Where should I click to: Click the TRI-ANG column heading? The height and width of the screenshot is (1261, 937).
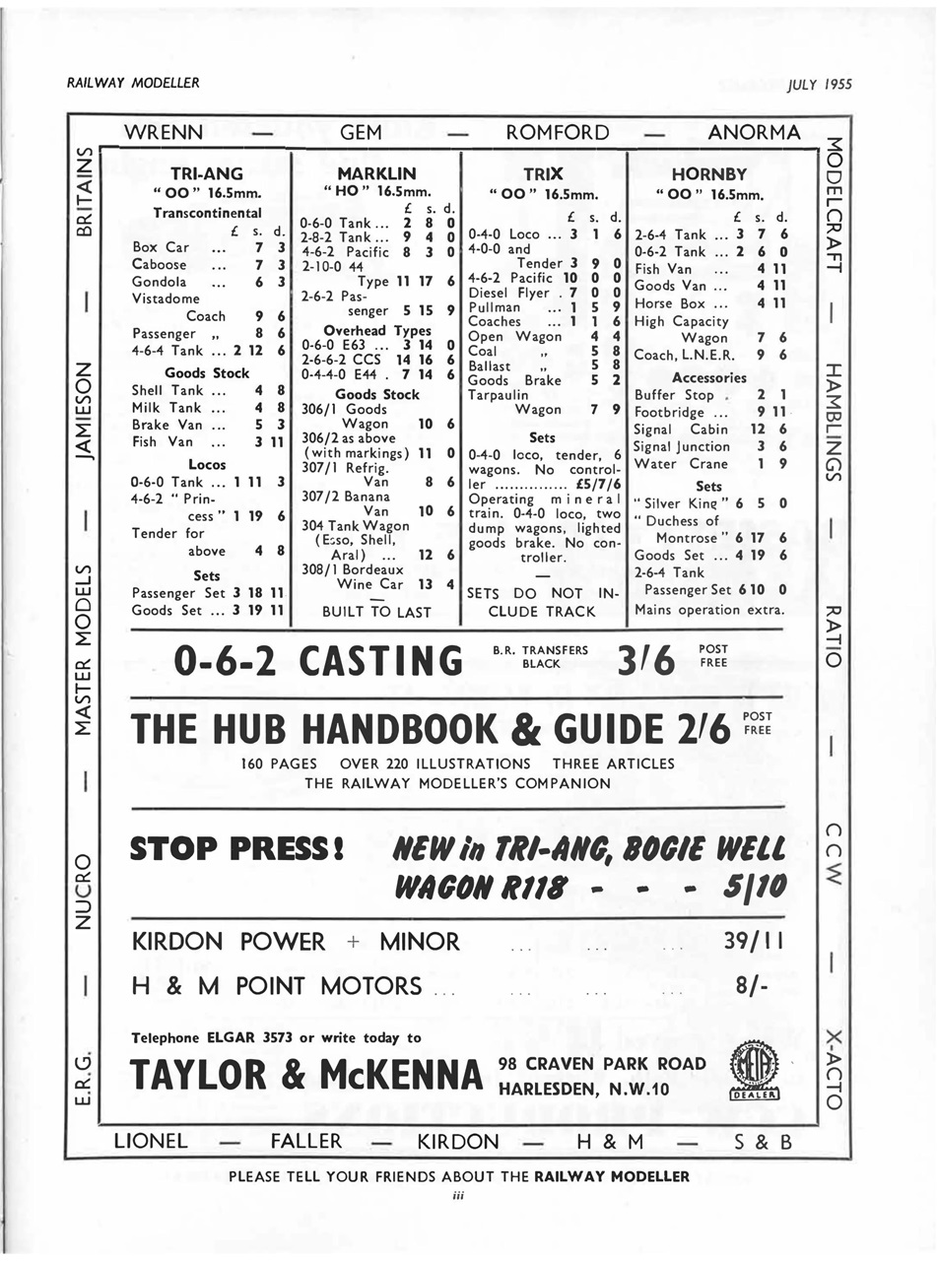pyautogui.click(x=208, y=173)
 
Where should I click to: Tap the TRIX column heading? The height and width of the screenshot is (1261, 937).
pyautogui.click(x=543, y=173)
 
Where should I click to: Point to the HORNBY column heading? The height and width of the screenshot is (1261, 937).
pyautogui.click(x=709, y=173)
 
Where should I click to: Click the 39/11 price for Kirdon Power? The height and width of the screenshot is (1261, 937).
pyautogui.click(x=753, y=941)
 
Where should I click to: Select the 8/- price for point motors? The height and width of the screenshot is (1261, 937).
pyautogui.click(x=754, y=985)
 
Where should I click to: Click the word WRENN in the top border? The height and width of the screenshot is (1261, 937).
pyautogui.click(x=166, y=132)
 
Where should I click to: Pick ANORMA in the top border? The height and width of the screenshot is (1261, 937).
pyautogui.click(x=754, y=132)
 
